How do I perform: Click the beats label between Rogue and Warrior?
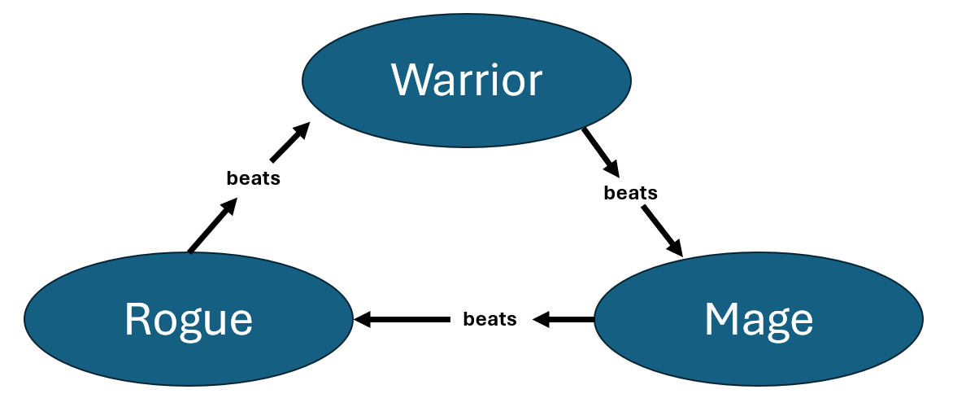[254, 179]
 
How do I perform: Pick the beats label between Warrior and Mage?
[630, 194]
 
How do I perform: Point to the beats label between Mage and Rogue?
[489, 319]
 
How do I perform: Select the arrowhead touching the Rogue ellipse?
[361, 319]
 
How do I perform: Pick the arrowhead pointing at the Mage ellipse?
[675, 247]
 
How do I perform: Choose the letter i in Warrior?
[495, 80]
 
